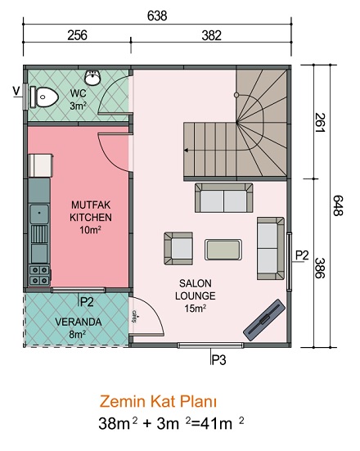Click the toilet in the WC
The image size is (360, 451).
click(x=44, y=97)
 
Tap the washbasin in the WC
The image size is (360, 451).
click(x=92, y=78)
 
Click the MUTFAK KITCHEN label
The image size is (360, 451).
click(x=91, y=211)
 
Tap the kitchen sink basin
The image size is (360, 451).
click(x=39, y=214)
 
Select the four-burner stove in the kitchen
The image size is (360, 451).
click(x=39, y=276)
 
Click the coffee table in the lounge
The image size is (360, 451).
click(x=223, y=250)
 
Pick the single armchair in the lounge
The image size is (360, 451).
click(x=178, y=249)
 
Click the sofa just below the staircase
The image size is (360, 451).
click(x=223, y=198)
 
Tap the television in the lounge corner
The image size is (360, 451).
click(x=264, y=320)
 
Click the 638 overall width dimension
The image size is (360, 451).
click(x=157, y=16)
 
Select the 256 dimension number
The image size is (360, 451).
click(x=77, y=35)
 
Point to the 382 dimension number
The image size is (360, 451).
click(x=211, y=35)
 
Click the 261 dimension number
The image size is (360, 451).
click(x=319, y=123)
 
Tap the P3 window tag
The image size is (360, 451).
click(x=218, y=360)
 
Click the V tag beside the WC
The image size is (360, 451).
click(x=17, y=91)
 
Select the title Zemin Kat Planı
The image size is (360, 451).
click(x=158, y=402)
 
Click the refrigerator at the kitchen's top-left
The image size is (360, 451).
click(x=41, y=165)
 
